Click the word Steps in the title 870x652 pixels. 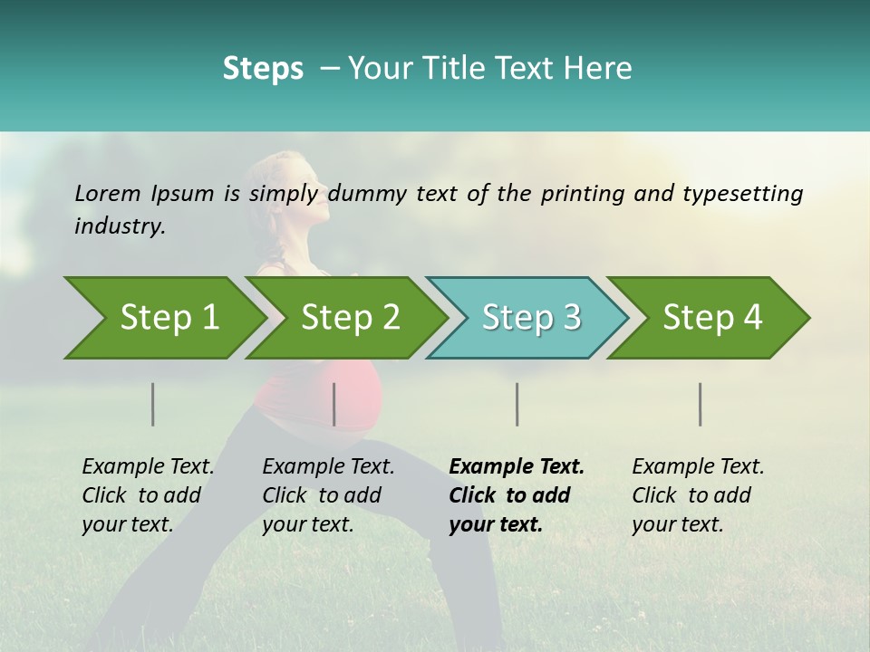coord(263,68)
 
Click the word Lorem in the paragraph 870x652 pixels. coord(107,193)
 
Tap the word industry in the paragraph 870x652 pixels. coord(120,226)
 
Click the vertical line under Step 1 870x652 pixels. coord(152,404)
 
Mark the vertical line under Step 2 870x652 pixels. coord(334,404)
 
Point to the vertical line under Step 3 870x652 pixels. coord(517,404)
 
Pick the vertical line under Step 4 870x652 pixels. coord(700,404)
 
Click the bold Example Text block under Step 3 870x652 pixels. coord(517,495)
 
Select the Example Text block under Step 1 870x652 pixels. coord(148,495)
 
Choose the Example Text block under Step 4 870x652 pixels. coord(698,495)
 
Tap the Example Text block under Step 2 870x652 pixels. coord(328,495)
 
